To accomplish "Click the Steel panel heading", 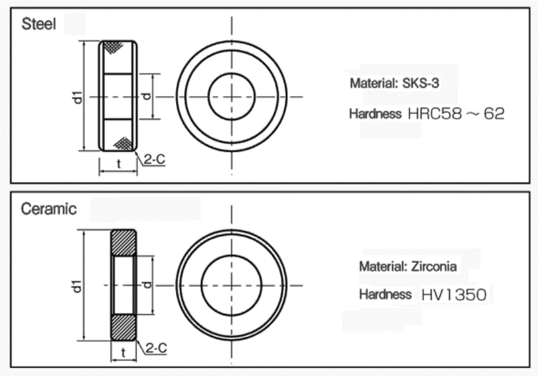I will (x=39, y=25).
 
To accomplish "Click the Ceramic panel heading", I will (x=49, y=209).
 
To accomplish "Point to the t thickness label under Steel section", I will (x=119, y=165).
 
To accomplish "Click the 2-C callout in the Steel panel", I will (x=154, y=160).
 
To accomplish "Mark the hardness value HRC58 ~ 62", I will (x=456, y=114).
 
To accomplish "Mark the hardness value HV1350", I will (x=454, y=295).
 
